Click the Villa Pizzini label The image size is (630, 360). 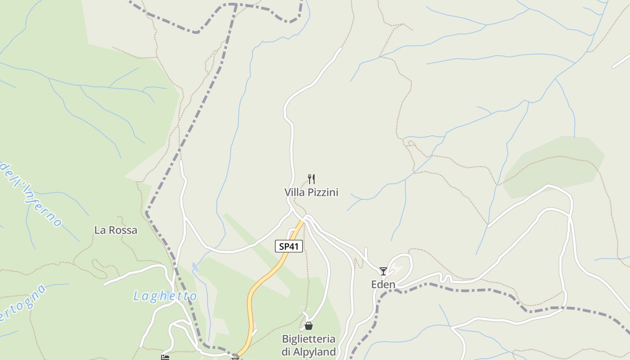(x=311, y=193)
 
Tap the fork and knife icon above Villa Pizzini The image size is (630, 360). (x=311, y=179)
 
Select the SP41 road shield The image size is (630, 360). (x=288, y=246)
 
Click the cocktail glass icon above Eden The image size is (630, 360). (x=383, y=271)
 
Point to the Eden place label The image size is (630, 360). (x=383, y=284)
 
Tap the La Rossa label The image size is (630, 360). (x=116, y=230)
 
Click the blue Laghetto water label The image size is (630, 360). (x=165, y=296)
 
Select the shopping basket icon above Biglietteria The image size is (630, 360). (x=309, y=325)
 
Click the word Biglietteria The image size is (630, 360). (x=309, y=338)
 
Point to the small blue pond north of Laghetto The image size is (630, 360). (x=195, y=267)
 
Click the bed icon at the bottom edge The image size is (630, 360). (x=165, y=357)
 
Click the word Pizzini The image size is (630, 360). (x=322, y=193)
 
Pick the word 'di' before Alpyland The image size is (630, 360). (x=287, y=351)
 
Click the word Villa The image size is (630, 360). (x=294, y=193)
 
